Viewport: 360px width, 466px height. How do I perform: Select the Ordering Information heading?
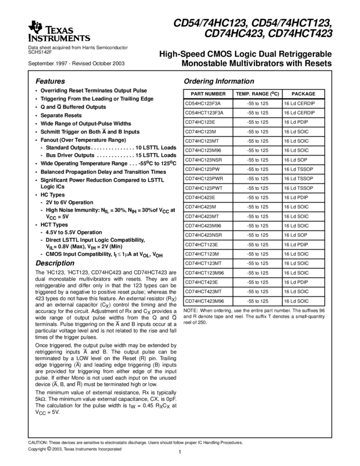pos(212,81)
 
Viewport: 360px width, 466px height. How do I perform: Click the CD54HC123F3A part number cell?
pos(202,103)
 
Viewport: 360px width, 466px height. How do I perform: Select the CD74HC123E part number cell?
pos(201,122)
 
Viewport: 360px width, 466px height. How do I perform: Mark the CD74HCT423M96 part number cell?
pos(204,301)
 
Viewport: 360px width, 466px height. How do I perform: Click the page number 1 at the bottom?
pos(180,452)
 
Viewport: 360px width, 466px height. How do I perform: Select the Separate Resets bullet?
pos(61,115)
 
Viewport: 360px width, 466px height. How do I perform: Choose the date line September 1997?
pos(76,64)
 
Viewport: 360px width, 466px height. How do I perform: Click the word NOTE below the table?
pos(190,311)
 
